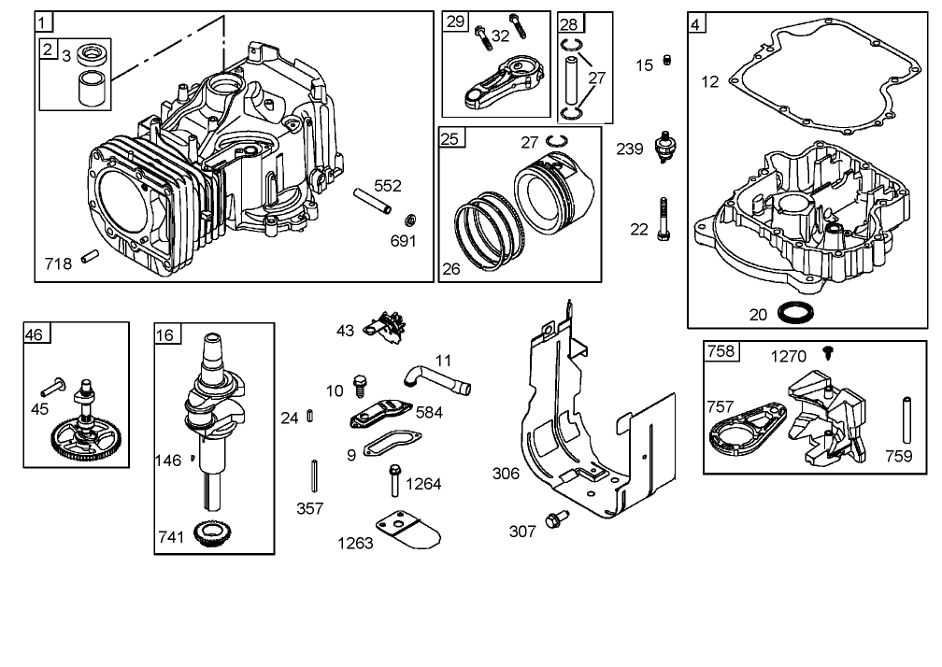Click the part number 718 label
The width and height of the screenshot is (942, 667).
tap(58, 264)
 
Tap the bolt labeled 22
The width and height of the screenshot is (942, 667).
tap(664, 220)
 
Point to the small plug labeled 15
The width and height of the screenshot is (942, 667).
tap(667, 62)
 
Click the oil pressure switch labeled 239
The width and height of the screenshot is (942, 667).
tap(666, 148)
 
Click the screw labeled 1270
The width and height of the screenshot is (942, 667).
tap(827, 351)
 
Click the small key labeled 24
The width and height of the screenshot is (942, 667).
tap(309, 417)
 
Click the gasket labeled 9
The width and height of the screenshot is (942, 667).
tap(391, 445)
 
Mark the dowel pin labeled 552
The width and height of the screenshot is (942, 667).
tap(371, 203)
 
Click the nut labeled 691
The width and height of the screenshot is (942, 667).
tap(409, 220)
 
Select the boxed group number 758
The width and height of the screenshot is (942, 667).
tap(721, 352)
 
